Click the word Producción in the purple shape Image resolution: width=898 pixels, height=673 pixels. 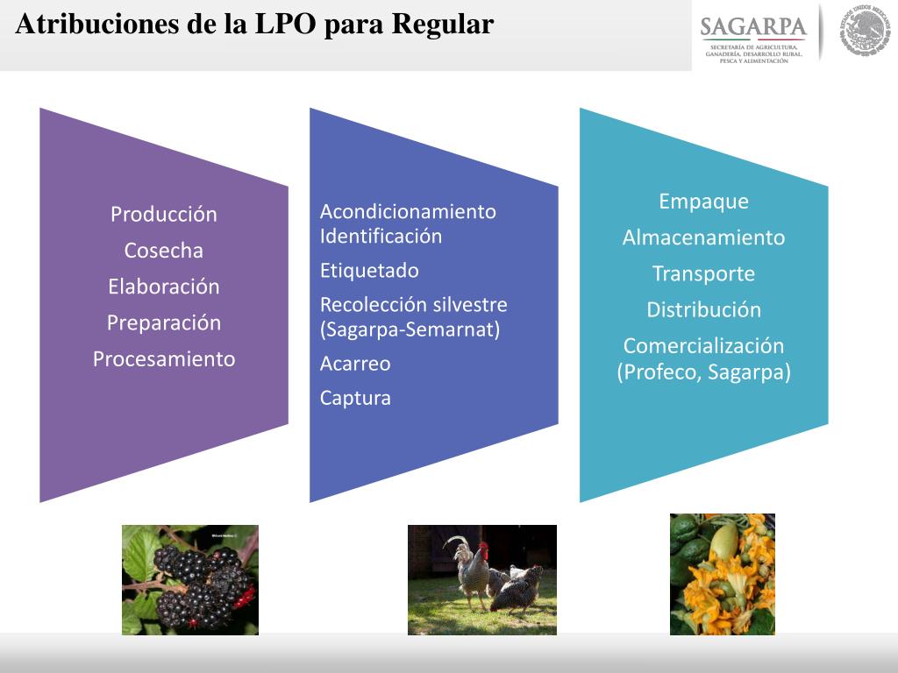click(163, 215)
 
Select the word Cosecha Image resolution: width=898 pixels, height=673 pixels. click(163, 251)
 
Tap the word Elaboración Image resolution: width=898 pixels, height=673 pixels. click(163, 287)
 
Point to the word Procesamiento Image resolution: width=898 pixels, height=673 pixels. click(164, 358)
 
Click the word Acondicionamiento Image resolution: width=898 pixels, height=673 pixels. click(408, 211)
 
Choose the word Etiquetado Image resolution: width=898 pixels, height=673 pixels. click(369, 271)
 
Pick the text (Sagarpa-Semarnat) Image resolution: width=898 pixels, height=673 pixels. click(410, 330)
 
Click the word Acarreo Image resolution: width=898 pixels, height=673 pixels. click(355, 364)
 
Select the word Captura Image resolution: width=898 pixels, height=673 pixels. click(355, 398)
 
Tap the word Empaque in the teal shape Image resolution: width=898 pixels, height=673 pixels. click(703, 202)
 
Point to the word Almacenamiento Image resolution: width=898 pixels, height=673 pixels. click(703, 237)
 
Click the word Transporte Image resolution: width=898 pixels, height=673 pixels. click(703, 273)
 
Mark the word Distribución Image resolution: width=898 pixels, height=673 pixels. click(703, 309)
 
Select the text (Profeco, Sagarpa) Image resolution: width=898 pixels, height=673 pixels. click(703, 372)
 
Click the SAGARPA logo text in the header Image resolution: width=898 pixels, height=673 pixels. click(753, 28)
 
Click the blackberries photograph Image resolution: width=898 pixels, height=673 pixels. click(189, 579)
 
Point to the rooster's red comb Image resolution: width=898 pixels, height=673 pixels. click(483, 548)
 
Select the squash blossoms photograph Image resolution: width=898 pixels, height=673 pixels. click(722, 574)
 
